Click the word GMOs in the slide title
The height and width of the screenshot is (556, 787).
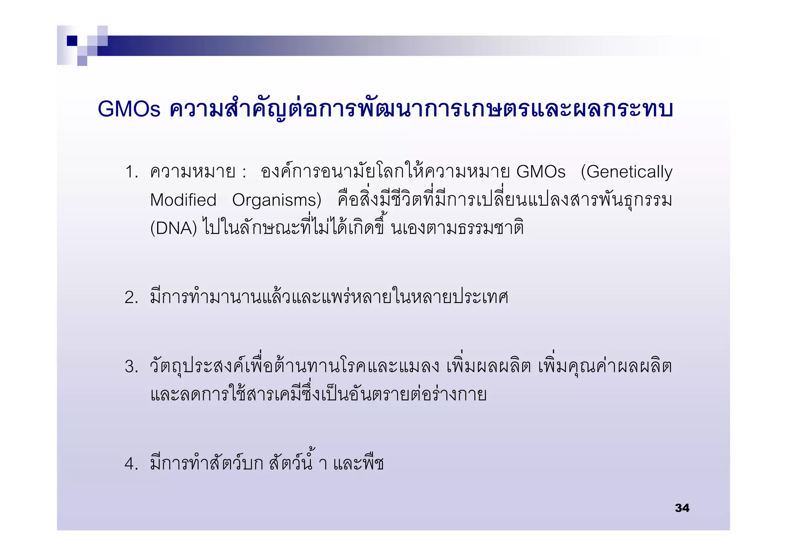tap(129, 109)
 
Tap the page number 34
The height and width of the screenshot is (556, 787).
tap(682, 508)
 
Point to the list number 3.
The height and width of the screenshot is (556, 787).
tap(131, 367)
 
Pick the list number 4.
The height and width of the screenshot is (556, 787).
tap(131, 464)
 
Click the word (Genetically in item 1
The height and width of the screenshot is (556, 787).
tap(626, 172)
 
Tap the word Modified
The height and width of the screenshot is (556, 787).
tap(183, 200)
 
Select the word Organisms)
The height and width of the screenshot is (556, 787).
tap(277, 200)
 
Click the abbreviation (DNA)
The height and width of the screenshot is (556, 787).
tap(173, 228)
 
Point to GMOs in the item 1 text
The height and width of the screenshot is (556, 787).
tap(541, 172)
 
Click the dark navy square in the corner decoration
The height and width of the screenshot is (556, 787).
tap(72, 41)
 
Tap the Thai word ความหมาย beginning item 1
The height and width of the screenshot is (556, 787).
tap(193, 172)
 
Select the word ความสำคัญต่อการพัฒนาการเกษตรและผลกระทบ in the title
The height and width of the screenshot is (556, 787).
tap(421, 109)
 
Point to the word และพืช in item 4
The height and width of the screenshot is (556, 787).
tap(358, 463)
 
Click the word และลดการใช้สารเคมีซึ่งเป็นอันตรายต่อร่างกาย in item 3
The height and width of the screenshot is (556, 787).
tap(319, 394)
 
